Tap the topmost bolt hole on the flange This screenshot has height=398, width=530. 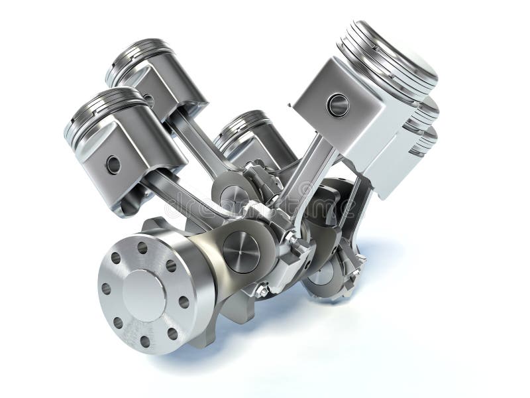point(142,247)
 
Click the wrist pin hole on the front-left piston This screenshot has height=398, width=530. point(113,165)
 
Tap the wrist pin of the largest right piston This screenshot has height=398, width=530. point(338,104)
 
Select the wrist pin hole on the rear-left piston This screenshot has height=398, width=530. point(148,100)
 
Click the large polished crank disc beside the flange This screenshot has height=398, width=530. point(241,251)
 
